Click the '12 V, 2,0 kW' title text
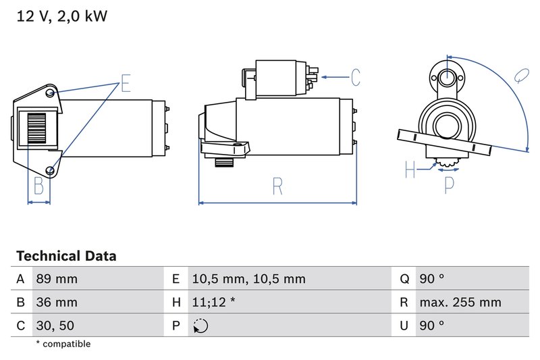point(61,17)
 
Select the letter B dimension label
point(38,186)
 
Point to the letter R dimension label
point(277,186)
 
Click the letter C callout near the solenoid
point(355,78)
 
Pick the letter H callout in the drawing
point(410,170)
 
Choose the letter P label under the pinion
point(449,184)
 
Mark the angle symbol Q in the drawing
point(520,75)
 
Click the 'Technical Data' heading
point(66,256)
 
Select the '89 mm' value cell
point(56,279)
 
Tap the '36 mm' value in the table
point(56,302)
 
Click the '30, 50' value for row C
point(54,325)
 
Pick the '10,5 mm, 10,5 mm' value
point(248,279)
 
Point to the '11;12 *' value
point(213,302)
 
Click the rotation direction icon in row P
point(200,326)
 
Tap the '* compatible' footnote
point(63,344)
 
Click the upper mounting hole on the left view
point(51,93)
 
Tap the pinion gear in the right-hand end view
point(447,163)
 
